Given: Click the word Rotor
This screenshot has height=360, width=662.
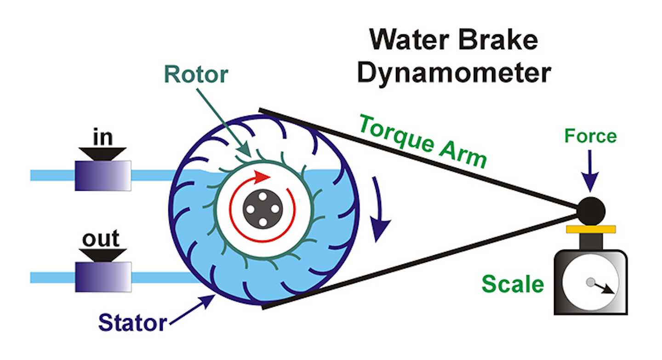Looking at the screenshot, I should pos(196,75).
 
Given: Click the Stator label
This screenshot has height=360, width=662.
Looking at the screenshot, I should pos(132,323).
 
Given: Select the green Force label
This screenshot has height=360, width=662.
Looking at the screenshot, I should pos(590,136).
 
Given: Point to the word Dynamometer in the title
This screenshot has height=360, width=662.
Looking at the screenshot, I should pos(454,74).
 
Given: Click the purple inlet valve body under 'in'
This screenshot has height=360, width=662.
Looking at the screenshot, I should pos(103,176).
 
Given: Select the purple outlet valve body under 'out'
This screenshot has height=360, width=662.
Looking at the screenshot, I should pos(103,277).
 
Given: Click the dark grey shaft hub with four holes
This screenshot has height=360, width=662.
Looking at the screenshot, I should pos(263,209).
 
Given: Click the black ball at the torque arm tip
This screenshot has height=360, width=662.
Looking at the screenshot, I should pos(591,211).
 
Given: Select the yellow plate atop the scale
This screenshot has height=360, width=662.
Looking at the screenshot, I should pos(591,229).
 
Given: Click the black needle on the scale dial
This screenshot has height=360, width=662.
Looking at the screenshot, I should pos(603,287).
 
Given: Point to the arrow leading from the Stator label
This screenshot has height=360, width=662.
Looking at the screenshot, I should pos(193,310).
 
